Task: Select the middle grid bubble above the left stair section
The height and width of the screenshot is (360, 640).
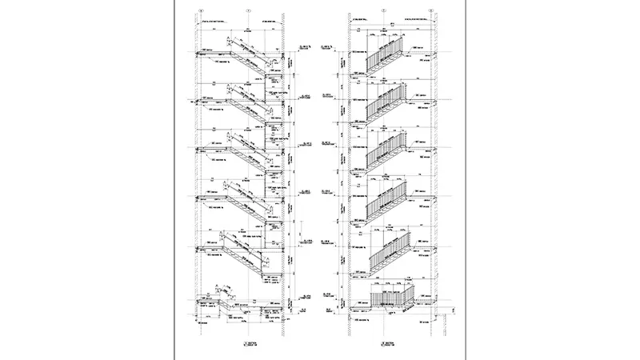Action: coord(248,10)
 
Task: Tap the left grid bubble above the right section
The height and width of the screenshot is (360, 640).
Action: coord(385,10)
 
